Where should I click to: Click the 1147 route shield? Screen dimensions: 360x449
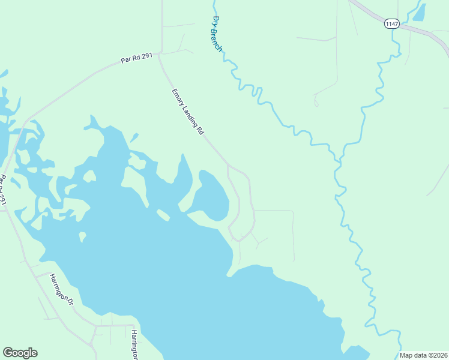coord(392,24)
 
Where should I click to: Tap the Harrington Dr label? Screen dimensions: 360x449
coord(61,290)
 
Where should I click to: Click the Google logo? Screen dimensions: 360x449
coord(20,353)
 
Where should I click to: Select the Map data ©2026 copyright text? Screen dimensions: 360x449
coord(424,355)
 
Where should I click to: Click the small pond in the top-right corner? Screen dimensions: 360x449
coord(420,12)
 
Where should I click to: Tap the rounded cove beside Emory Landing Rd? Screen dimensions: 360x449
coord(214,195)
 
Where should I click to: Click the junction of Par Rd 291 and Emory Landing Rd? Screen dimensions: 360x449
coord(160,55)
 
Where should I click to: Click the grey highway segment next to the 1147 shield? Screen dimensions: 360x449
coord(420,30)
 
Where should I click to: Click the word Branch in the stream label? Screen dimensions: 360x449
coord(217,40)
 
